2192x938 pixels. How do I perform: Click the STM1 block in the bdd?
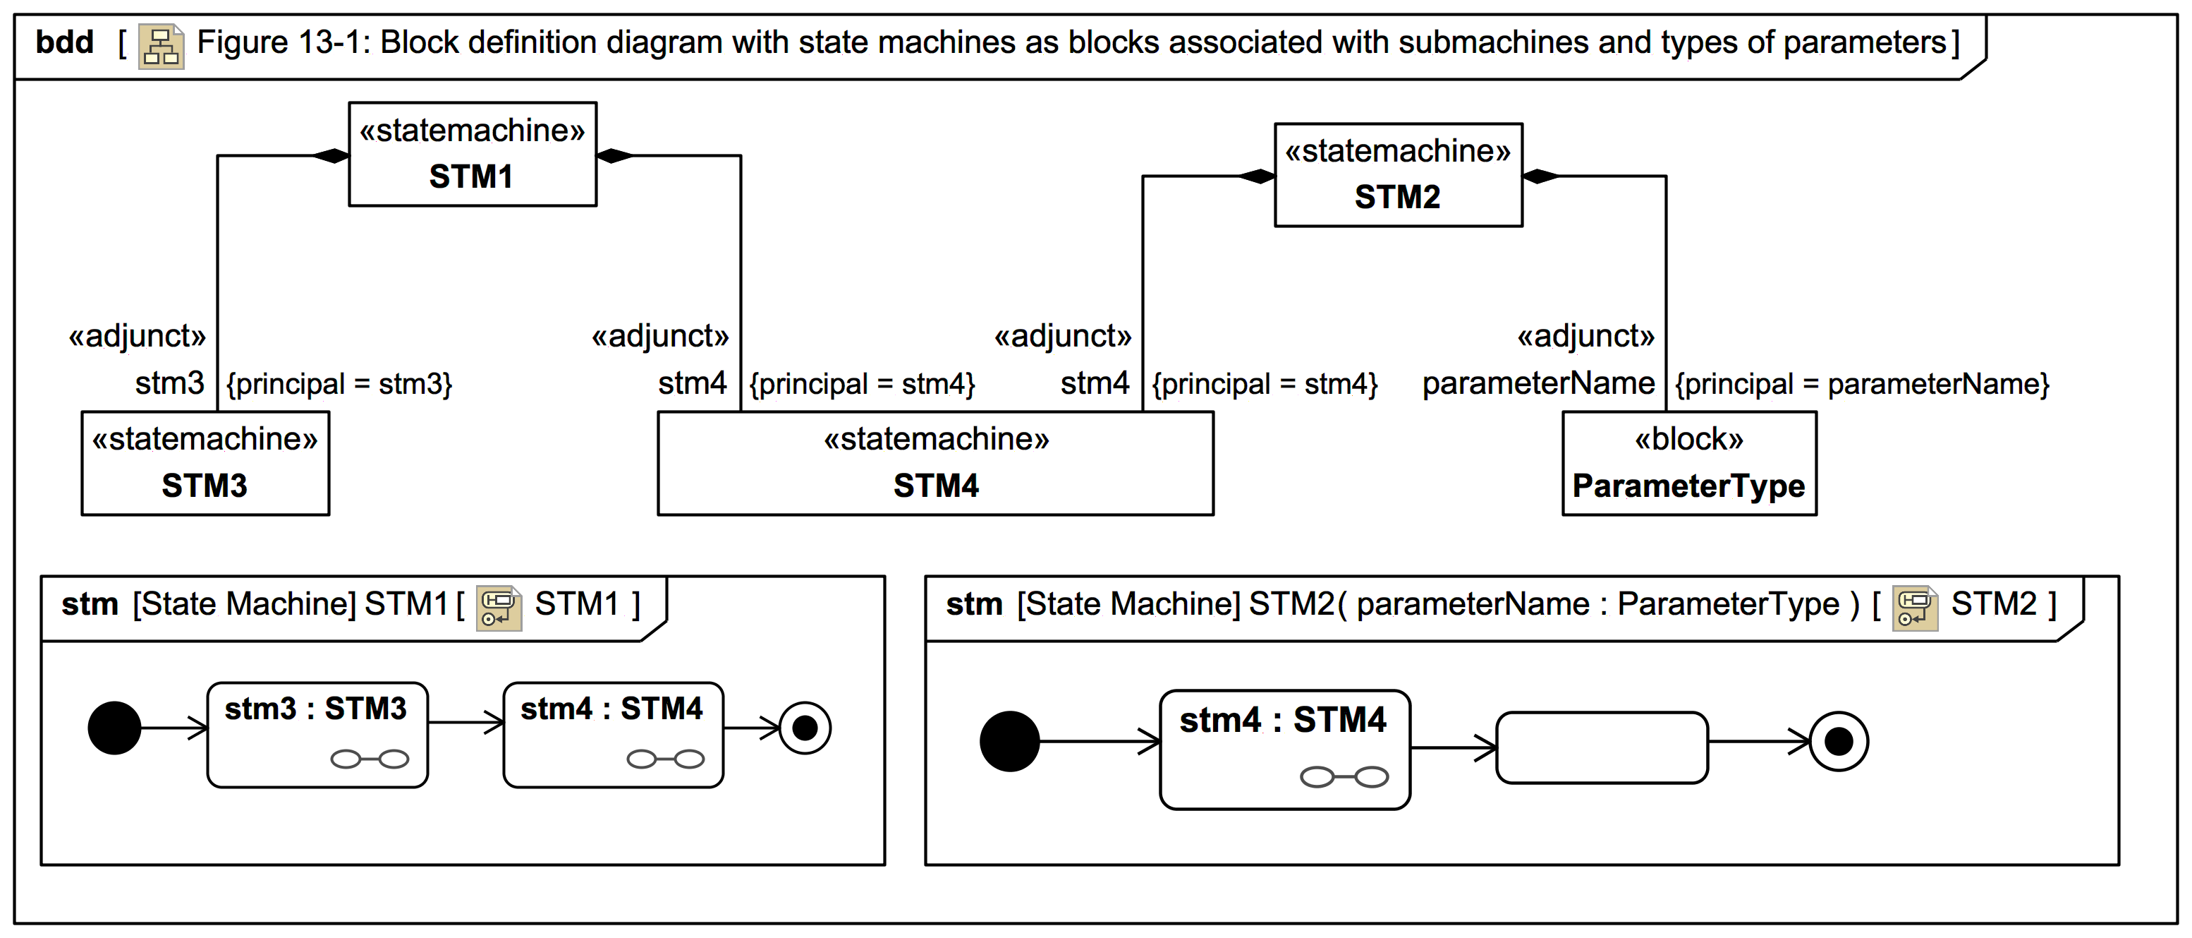473,154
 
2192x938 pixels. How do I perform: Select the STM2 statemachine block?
1397,174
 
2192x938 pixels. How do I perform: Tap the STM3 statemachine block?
205,463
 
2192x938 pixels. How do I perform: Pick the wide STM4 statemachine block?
935,463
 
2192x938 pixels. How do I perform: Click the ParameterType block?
1688,463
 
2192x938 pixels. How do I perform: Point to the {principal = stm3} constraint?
339,384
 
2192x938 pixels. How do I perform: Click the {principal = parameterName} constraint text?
1862,384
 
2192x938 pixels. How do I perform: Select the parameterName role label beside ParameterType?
1538,384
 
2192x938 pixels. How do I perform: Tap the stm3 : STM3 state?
317,734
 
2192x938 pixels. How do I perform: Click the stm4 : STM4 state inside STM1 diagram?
613,734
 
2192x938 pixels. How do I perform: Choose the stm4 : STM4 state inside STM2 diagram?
1284,748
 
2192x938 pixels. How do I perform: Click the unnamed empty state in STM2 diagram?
1602,747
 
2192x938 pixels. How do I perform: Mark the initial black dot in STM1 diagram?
115,728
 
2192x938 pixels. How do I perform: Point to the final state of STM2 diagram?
1838,741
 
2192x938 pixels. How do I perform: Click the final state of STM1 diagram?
804,728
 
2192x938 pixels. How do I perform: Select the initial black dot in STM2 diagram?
1009,741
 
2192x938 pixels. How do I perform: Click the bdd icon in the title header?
161,47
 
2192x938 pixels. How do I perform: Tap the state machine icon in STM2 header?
1915,608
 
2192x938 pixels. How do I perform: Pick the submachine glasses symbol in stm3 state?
370,759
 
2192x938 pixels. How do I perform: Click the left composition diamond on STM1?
331,156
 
